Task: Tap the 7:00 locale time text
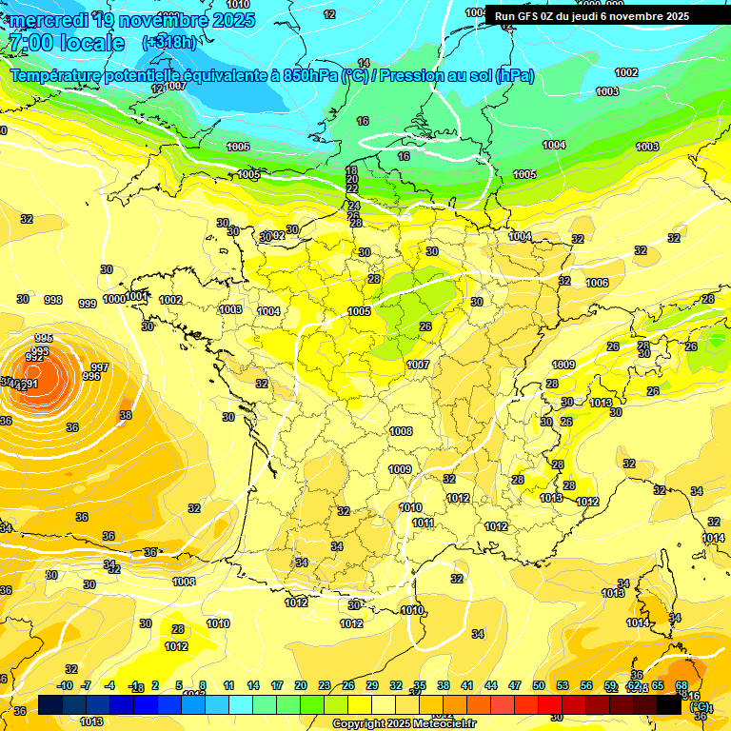(67, 43)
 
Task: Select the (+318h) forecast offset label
(169, 42)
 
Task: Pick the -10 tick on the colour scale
(65, 685)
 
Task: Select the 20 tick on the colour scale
(301, 685)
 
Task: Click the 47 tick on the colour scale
(515, 685)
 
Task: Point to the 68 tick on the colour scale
(682, 685)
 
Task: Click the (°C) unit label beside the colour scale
(700, 706)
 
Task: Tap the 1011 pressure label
(424, 523)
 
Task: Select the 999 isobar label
(87, 304)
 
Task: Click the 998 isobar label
(53, 300)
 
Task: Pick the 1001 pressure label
(137, 296)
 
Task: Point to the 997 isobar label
(100, 367)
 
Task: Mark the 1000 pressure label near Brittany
(114, 299)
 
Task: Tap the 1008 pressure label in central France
(401, 431)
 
